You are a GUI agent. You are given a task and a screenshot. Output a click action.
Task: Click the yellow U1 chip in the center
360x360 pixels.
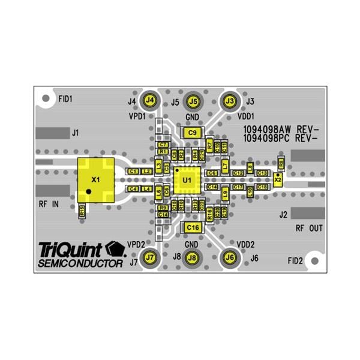tap(186, 179)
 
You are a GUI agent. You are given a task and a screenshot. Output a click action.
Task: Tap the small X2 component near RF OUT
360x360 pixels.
tap(277, 179)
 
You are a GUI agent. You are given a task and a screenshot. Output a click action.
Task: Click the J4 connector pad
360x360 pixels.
tap(150, 100)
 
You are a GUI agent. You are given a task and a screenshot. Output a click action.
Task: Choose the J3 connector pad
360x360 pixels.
tap(229, 100)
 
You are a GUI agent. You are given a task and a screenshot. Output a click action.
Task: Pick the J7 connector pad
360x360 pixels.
tap(150, 257)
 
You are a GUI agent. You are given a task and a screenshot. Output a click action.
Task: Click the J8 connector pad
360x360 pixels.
tap(192, 257)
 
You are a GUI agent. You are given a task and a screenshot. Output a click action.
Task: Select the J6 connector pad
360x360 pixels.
tap(229, 257)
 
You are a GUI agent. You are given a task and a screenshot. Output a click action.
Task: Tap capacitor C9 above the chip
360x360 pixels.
tap(192, 132)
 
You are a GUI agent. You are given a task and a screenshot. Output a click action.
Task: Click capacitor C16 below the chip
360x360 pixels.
tap(192, 227)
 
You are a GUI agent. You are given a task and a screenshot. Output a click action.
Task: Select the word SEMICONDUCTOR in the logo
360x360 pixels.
tap(80, 263)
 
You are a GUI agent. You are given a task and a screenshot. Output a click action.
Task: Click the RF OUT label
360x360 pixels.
tap(309, 229)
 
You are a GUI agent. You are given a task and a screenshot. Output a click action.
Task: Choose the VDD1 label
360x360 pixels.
tap(246, 116)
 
